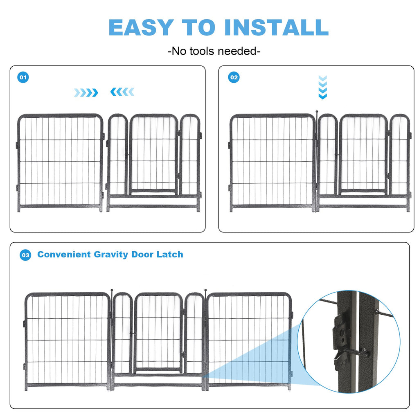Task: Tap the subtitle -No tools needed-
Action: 214,51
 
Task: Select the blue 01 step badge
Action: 23,77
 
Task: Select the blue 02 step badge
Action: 234,77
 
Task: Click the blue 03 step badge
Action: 25,255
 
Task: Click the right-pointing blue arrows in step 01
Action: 86,92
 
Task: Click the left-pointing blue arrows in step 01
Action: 122,92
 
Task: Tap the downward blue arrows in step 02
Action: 322,87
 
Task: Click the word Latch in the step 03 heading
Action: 170,255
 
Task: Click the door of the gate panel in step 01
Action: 154,153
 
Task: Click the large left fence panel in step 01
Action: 60,162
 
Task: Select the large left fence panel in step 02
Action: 272,162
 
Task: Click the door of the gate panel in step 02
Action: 363,153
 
